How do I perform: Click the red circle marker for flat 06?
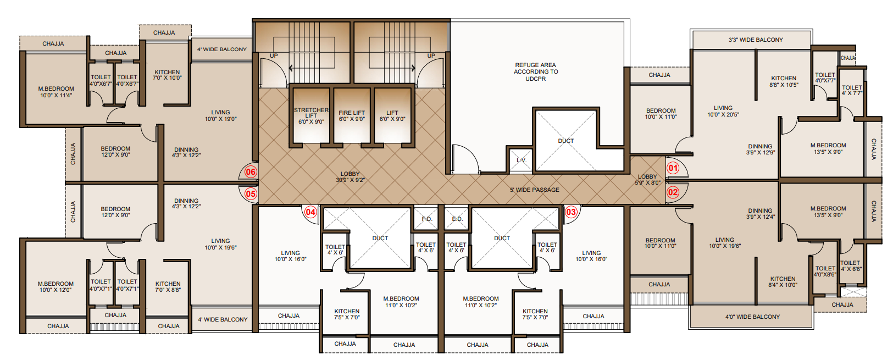click(x=251, y=172)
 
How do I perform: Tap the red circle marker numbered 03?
click(x=571, y=212)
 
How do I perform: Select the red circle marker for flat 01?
click(x=673, y=168)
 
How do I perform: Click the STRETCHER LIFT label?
click(x=311, y=115)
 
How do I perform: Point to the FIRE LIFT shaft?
click(x=352, y=116)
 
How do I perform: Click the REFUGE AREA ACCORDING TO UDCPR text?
click(x=535, y=72)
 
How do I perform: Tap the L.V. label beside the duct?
click(x=521, y=160)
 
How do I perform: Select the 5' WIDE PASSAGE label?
click(x=534, y=190)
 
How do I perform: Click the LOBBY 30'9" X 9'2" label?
click(x=350, y=177)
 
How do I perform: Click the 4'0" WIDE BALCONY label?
click(x=752, y=317)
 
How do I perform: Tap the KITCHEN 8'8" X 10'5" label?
click(x=784, y=81)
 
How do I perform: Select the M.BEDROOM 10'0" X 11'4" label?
click(x=56, y=92)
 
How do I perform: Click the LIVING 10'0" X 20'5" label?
click(x=723, y=111)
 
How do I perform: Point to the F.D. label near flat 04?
click(x=427, y=219)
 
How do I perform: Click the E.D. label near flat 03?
click(x=457, y=219)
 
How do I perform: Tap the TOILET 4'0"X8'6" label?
click(x=825, y=271)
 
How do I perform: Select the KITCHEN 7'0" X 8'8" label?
click(x=168, y=287)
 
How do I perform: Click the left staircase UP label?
click(x=274, y=56)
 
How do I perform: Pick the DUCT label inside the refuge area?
click(x=566, y=141)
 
